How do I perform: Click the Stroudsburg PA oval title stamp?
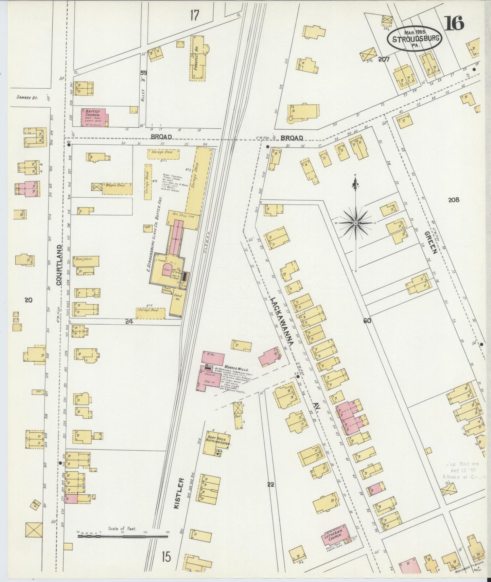(415, 38)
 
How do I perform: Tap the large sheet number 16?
(454, 23)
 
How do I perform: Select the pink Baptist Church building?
(94, 117)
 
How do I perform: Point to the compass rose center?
(355, 223)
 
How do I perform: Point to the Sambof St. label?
(27, 97)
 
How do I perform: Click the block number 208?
(453, 200)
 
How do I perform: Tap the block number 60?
(367, 320)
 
